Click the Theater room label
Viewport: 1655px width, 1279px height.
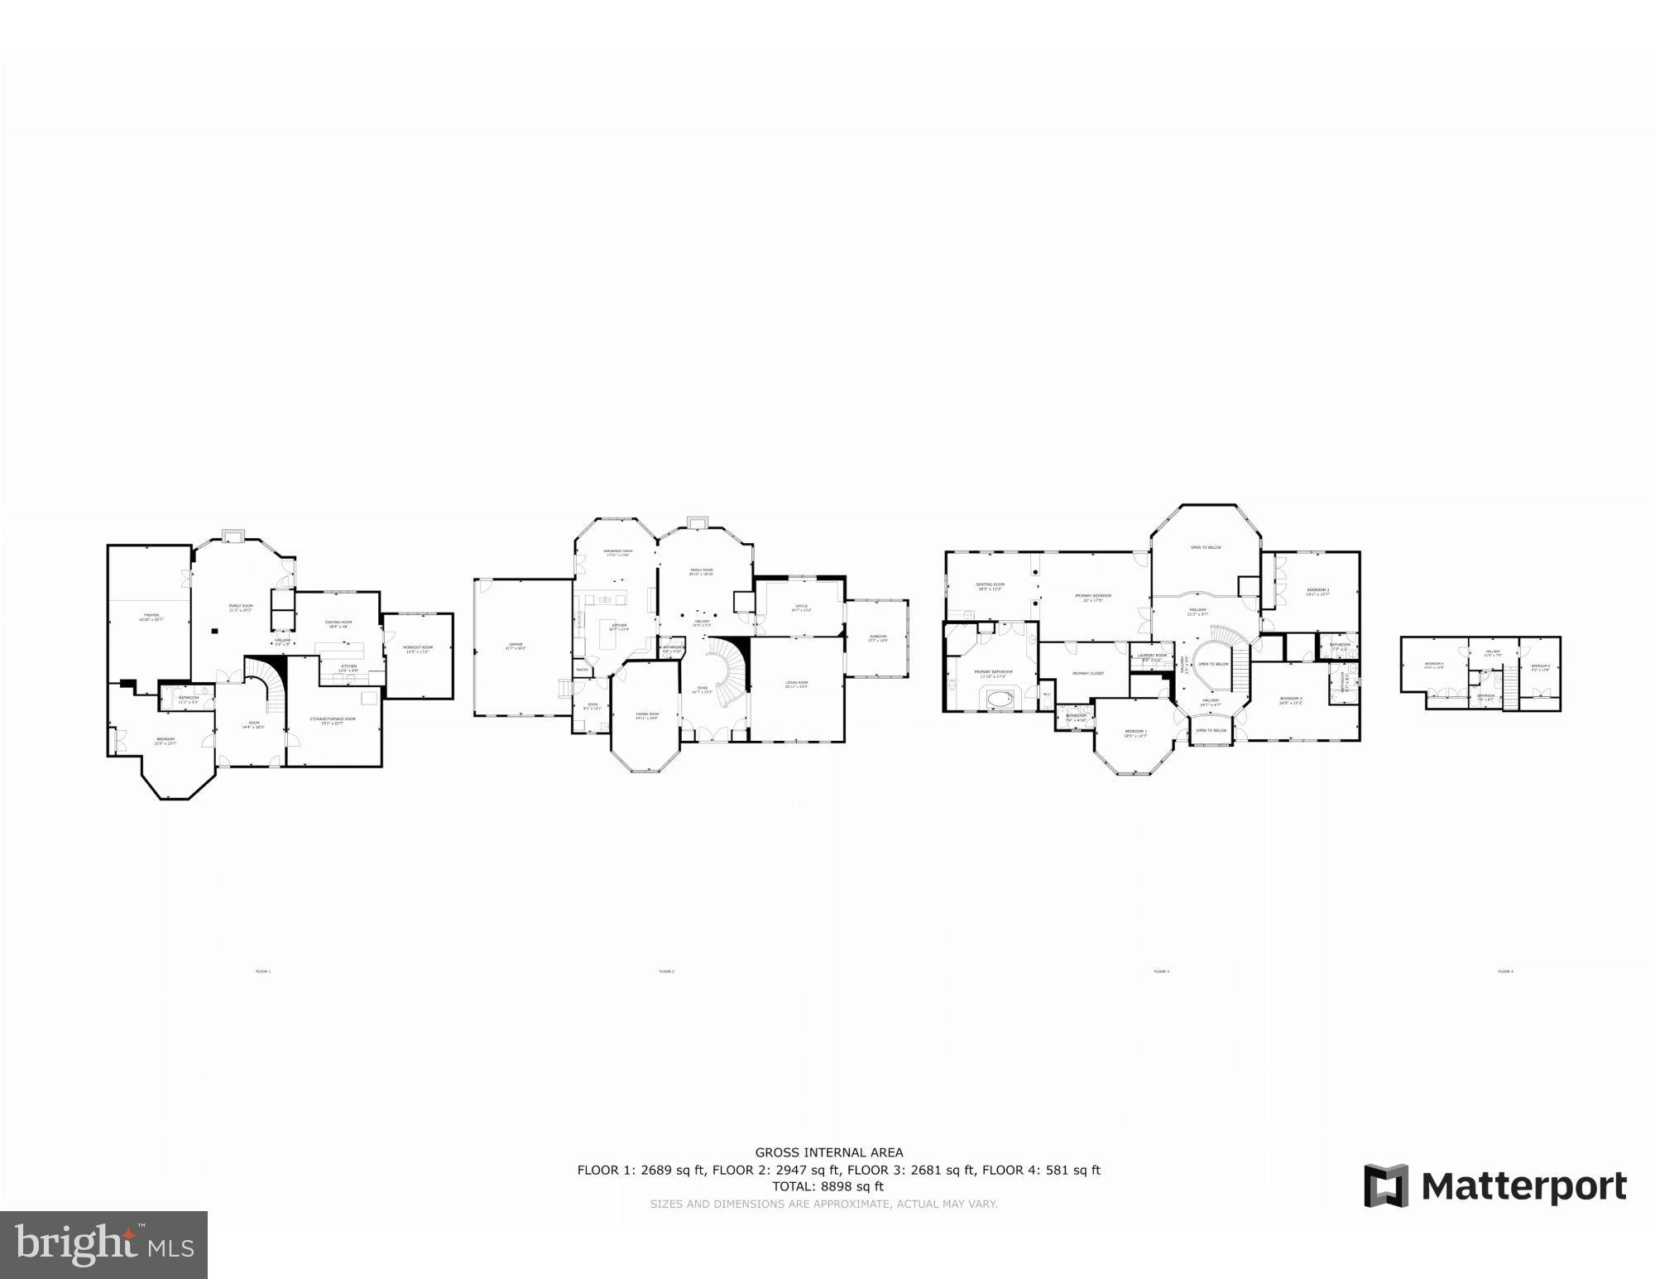coord(151,616)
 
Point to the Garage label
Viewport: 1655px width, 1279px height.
coord(516,646)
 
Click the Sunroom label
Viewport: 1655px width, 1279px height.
coord(877,637)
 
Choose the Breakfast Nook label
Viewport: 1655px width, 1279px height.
coord(617,552)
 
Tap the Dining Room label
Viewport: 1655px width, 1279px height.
coord(647,715)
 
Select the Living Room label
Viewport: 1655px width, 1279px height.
coord(796,683)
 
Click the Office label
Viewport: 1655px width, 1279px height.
coord(801,607)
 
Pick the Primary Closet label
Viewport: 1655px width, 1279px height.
coord(1088,673)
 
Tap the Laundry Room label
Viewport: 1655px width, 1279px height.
coord(1151,656)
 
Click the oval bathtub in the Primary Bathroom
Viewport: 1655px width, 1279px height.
coord(1000,700)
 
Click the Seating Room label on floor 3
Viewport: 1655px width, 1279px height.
coord(990,585)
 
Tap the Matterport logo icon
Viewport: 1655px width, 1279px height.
coord(1386,1186)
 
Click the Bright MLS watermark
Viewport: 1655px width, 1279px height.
coord(103,1244)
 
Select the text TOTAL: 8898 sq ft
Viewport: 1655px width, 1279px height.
coord(838,1186)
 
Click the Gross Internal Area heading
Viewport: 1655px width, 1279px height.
coord(828,1152)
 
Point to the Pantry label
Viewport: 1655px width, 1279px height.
coord(582,670)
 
